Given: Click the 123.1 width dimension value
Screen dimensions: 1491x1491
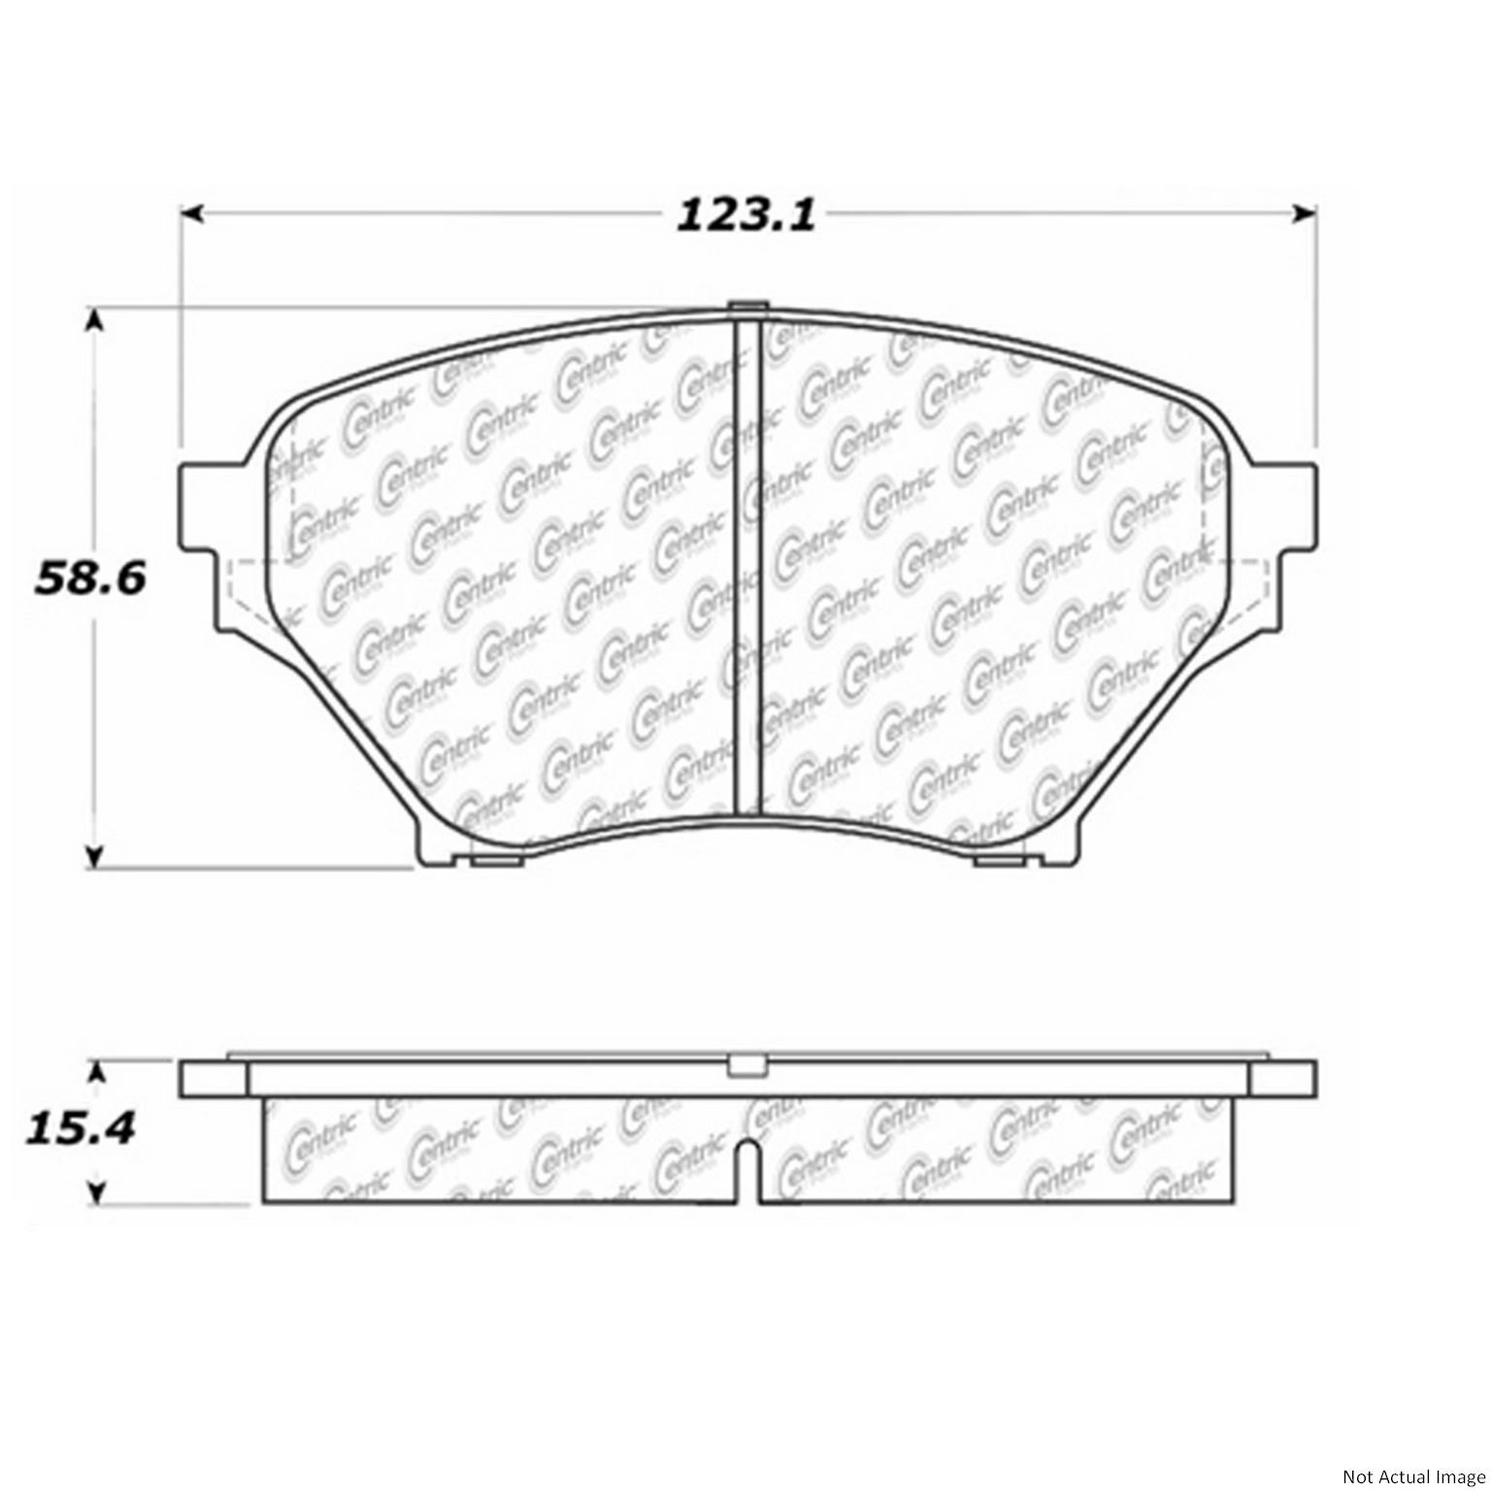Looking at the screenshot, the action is point(745,215).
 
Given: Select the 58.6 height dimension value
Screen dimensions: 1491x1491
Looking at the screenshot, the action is point(90,580).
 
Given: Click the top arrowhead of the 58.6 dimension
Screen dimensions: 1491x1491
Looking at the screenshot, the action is point(94,321).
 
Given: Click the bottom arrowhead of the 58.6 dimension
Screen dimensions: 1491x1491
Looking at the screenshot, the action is point(94,856).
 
